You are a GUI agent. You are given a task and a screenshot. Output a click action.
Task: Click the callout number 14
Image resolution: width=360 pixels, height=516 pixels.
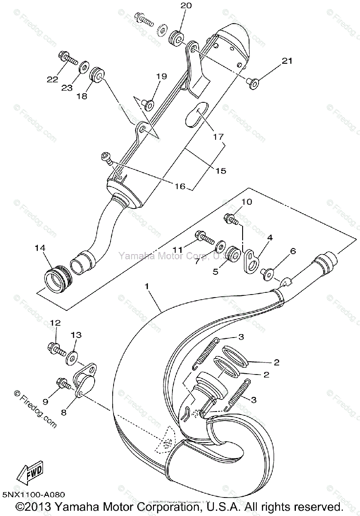click(40, 248)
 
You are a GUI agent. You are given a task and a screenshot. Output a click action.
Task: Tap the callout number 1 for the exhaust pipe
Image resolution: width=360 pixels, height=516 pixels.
click(148, 286)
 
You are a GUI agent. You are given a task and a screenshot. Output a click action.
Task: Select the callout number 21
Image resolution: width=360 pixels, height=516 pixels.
click(287, 61)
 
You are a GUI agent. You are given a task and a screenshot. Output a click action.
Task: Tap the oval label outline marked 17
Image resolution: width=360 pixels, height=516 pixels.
click(197, 115)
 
